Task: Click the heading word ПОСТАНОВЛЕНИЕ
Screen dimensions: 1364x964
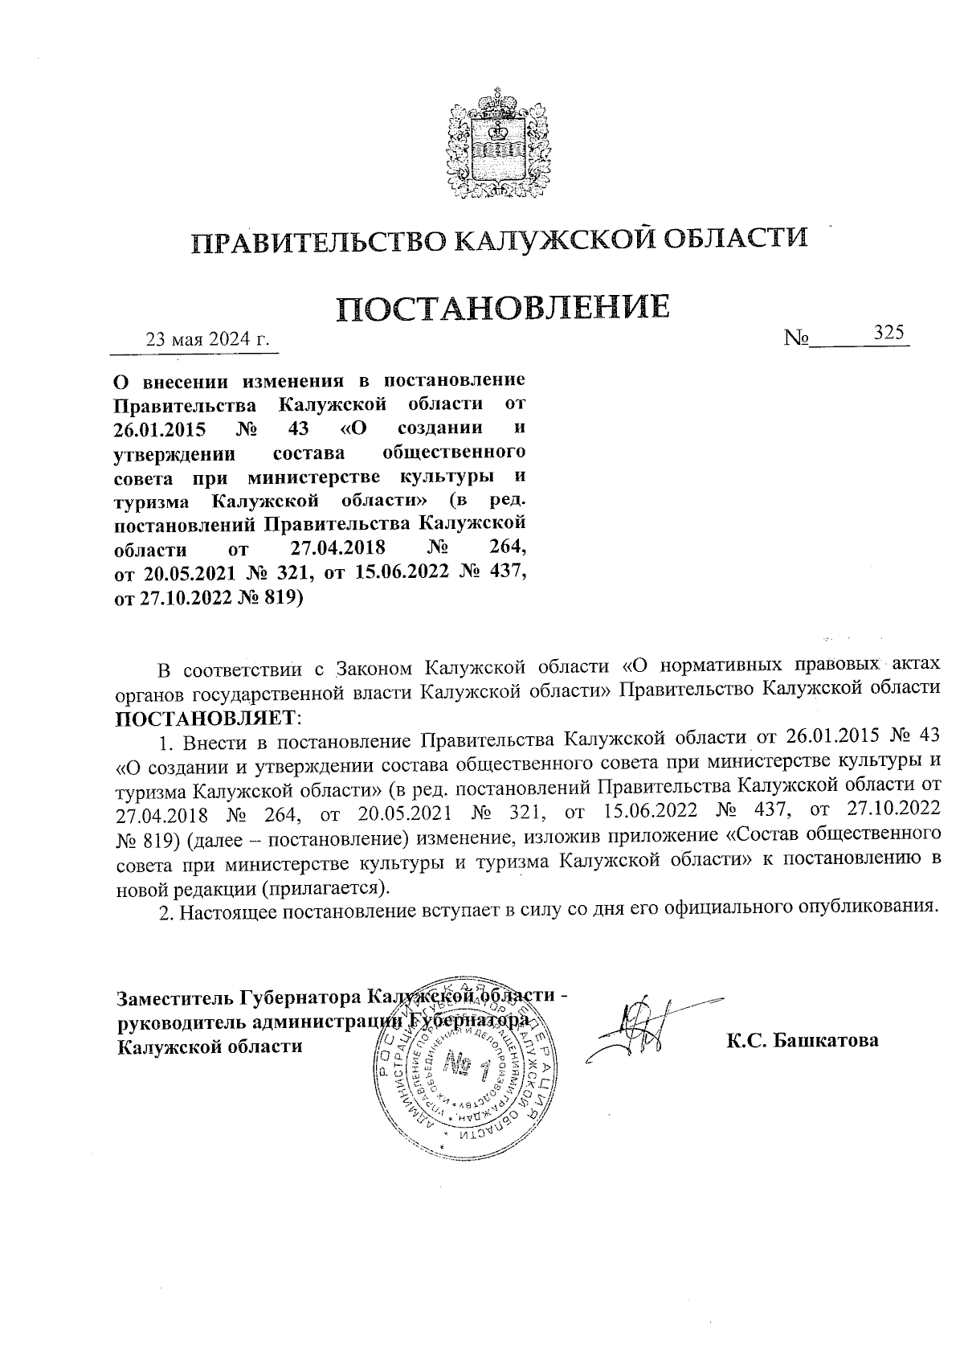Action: click(x=502, y=309)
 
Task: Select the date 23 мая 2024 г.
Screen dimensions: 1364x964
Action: click(x=206, y=338)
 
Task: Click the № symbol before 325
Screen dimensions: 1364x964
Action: click(x=796, y=339)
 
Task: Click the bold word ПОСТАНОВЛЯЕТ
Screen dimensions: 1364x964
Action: click(x=206, y=715)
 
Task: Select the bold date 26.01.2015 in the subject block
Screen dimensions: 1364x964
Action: click(x=156, y=427)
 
